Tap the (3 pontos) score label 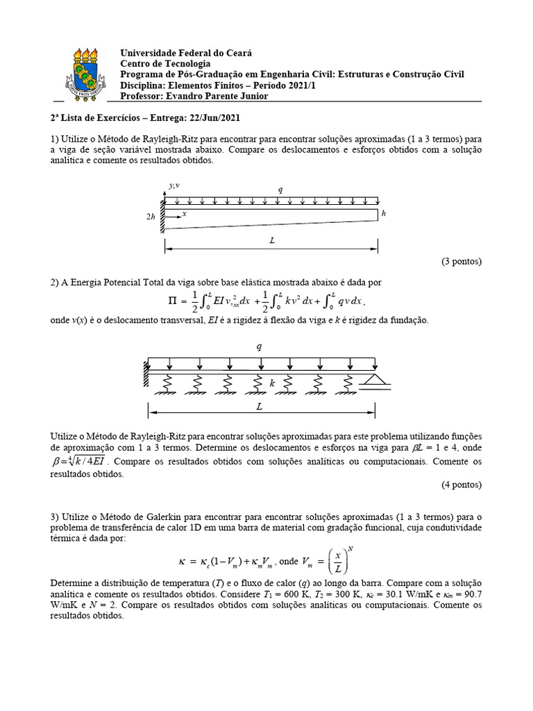(x=461, y=262)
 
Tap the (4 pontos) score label (x=461, y=485)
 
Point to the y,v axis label (x=174, y=185)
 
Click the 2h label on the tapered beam (x=151, y=217)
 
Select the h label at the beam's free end (x=383, y=213)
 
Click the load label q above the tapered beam (x=280, y=189)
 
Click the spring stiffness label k (x=272, y=382)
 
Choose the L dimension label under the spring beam (x=260, y=408)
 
